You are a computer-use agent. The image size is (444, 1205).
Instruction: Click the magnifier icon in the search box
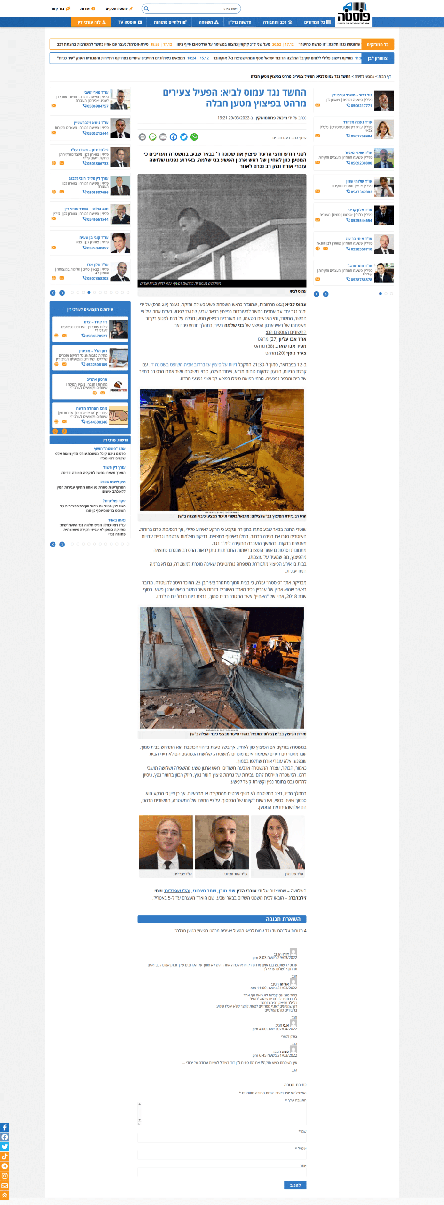click(x=146, y=8)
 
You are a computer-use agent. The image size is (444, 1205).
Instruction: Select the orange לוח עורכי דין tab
click(x=92, y=22)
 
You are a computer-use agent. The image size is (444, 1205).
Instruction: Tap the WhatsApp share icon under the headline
click(x=194, y=137)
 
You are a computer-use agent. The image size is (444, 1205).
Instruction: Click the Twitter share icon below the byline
click(x=184, y=137)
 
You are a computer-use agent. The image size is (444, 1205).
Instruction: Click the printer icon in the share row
click(x=142, y=137)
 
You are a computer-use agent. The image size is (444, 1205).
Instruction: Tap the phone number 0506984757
click(x=97, y=106)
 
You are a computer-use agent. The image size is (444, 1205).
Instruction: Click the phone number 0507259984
click(x=361, y=136)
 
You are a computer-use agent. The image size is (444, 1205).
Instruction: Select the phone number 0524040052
click(x=97, y=248)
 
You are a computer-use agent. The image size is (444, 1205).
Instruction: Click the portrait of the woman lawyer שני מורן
click(x=277, y=842)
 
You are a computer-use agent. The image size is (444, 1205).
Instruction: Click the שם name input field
click(x=222, y=1138)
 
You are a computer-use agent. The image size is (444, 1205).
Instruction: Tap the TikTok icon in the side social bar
click(x=4, y=1157)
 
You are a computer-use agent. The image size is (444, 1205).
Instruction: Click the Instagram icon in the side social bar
click(x=4, y=1176)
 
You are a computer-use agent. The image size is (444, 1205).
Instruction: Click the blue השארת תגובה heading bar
click(x=222, y=919)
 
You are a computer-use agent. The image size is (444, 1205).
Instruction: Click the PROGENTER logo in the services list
click(x=119, y=386)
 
